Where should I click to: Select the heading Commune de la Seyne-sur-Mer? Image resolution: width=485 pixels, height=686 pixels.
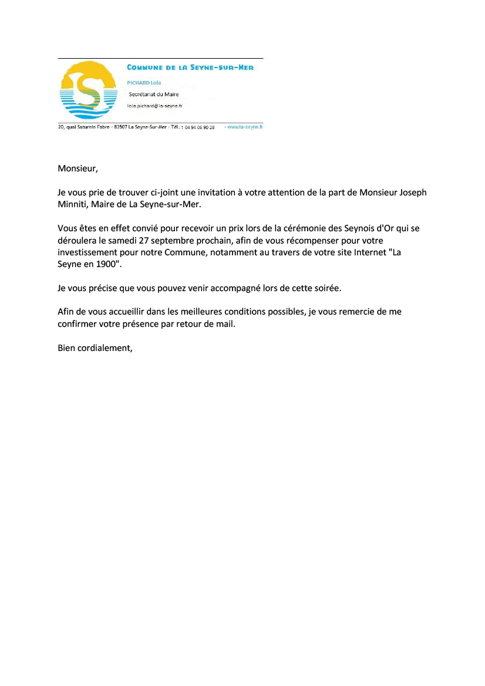pyautogui.click(x=190, y=68)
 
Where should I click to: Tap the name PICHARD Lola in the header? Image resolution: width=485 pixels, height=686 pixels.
pyautogui.click(x=144, y=83)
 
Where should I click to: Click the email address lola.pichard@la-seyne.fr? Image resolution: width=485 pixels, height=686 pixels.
pyautogui.click(x=154, y=106)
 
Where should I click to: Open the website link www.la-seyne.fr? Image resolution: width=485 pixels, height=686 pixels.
pyautogui.click(x=245, y=127)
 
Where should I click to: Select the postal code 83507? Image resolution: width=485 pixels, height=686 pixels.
pyautogui.click(x=120, y=127)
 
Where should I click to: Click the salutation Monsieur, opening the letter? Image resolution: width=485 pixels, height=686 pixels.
pyautogui.click(x=78, y=169)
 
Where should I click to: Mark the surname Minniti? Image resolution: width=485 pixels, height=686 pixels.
pyautogui.click(x=73, y=205)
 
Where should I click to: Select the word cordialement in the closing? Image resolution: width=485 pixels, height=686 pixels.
pyautogui.click(x=104, y=347)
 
